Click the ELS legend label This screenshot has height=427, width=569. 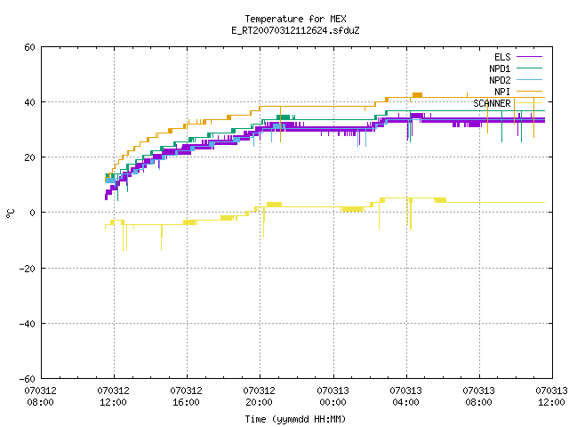pos(502,57)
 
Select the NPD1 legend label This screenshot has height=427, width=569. pos(500,68)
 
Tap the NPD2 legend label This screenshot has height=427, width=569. pos(500,80)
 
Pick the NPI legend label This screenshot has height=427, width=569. pos(502,92)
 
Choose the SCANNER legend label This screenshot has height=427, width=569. pos(492,103)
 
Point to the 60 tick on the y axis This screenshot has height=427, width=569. pos(29,47)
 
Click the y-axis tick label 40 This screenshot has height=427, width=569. pos(29,102)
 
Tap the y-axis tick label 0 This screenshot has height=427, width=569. pos(32,213)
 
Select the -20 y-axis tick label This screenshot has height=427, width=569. pos(28,269)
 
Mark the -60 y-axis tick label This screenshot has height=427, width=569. pos(28,379)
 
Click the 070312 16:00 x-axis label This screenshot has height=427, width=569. pos(186,397)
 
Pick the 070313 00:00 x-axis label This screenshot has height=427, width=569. pos(333,397)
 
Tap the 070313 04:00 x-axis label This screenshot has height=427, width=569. pos(405,397)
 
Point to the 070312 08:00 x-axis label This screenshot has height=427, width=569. pos(40,397)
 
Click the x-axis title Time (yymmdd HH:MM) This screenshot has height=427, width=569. pos(295,419)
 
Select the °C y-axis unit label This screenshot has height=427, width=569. pos(11,213)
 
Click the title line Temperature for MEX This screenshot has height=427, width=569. pos(295,19)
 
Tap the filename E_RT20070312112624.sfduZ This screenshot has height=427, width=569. pos(295,30)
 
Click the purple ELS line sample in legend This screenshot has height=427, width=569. pos(529,57)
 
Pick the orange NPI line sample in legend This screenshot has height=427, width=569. pos(529,92)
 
